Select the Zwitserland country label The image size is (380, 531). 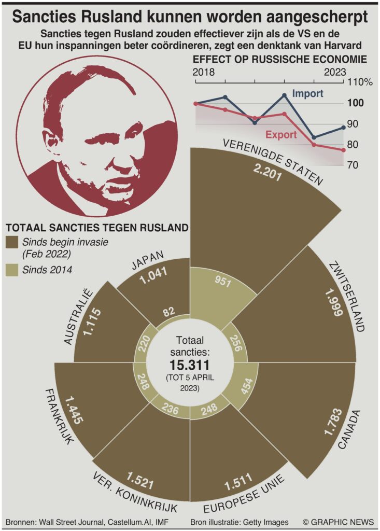pyautogui.click(x=345, y=297)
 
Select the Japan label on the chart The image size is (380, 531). pyautogui.click(x=147, y=260)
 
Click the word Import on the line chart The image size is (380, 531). pyautogui.click(x=307, y=94)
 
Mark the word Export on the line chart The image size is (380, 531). pyautogui.click(x=281, y=135)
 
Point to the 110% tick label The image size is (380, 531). pyautogui.click(x=360, y=82)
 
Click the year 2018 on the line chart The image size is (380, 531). pyautogui.click(x=203, y=73)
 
